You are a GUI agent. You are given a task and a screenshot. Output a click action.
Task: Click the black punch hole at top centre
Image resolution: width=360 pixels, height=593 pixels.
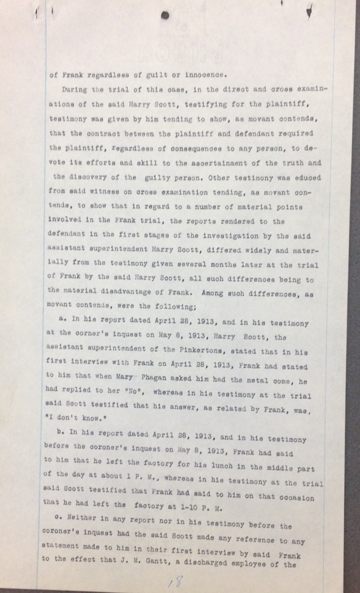[x=165, y=15]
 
